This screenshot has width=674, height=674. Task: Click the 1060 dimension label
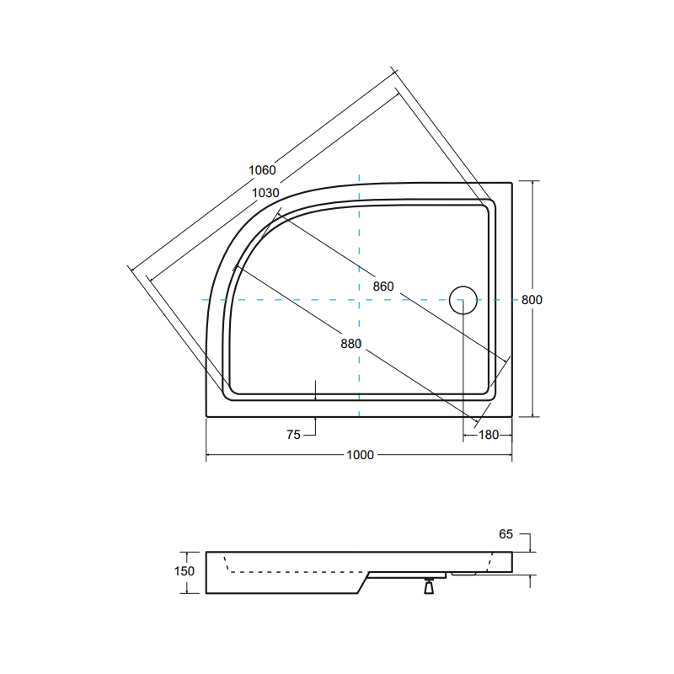(x=262, y=170)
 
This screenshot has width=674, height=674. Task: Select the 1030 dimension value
(x=265, y=192)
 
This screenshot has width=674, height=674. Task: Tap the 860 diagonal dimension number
(x=383, y=286)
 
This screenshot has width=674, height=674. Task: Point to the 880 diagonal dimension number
(x=351, y=343)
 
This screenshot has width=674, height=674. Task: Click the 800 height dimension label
(x=531, y=300)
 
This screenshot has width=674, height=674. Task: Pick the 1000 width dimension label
(x=360, y=455)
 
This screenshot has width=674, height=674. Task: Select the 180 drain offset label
(x=489, y=435)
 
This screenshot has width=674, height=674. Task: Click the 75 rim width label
(x=293, y=435)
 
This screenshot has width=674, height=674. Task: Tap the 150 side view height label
(x=184, y=571)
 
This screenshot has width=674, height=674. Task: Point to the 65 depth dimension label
(x=505, y=534)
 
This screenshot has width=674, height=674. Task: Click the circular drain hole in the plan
(x=463, y=301)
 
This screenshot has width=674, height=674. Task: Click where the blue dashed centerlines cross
(x=360, y=300)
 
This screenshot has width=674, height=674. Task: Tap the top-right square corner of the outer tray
(x=511, y=182)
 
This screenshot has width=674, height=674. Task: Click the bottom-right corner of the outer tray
(x=511, y=416)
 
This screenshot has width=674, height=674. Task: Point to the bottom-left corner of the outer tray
(x=207, y=416)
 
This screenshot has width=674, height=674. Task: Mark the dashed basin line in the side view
(x=295, y=571)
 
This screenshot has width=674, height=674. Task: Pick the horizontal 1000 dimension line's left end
(x=208, y=456)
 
